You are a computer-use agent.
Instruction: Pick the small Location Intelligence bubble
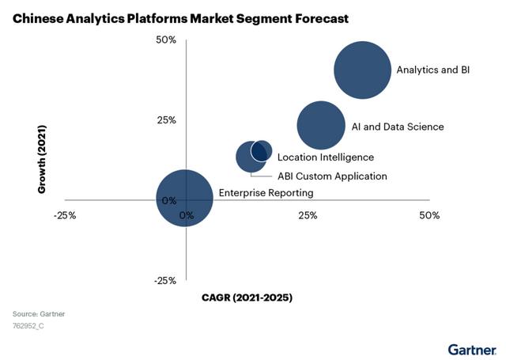click(x=262, y=150)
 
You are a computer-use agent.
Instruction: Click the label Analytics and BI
click(x=433, y=70)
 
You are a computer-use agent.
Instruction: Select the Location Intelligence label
click(x=325, y=157)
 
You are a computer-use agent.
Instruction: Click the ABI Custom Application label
click(x=332, y=176)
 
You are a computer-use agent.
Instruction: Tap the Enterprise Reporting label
click(x=266, y=193)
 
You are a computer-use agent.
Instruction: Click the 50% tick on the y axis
click(x=165, y=40)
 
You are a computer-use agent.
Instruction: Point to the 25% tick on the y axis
click(x=165, y=120)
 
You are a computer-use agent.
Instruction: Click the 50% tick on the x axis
click(x=429, y=215)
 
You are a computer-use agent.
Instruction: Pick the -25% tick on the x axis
click(x=64, y=215)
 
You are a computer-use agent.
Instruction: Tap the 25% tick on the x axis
click(x=308, y=215)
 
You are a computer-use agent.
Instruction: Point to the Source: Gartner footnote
click(x=39, y=314)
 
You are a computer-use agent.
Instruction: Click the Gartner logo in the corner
click(x=472, y=349)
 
